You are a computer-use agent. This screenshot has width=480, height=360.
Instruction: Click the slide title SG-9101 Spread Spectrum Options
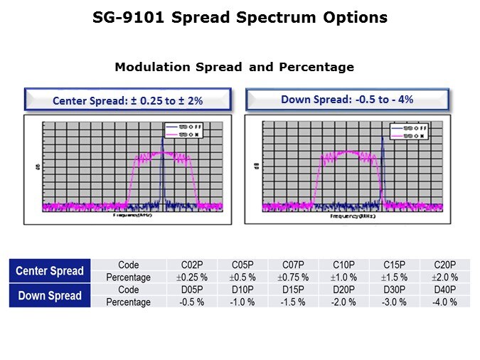240,18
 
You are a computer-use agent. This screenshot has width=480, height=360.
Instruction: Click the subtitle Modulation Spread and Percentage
234,68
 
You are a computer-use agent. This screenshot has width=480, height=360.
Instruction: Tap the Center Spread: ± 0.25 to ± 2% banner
128,101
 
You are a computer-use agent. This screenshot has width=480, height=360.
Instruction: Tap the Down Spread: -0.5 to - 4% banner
348,100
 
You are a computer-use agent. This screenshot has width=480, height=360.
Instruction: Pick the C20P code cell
445,265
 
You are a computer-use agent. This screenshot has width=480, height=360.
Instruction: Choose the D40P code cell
445,290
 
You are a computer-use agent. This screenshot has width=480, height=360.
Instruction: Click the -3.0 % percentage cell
395,302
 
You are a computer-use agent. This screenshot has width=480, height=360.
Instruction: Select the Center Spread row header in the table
50,271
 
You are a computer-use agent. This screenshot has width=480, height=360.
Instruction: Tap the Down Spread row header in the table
50,296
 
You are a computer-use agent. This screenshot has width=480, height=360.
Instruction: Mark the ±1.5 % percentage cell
395,277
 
